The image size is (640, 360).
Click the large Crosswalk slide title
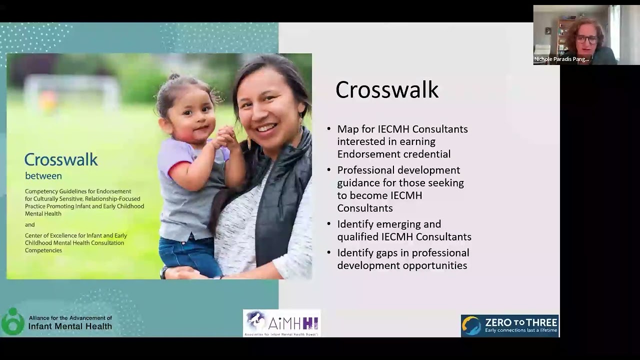[386, 90]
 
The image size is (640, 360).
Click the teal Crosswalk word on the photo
[61, 160]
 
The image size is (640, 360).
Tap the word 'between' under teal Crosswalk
[43, 176]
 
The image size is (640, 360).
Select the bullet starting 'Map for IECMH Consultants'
[402, 141]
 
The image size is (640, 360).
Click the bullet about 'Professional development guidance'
[400, 189]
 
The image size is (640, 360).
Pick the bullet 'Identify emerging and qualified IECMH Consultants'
[403, 230]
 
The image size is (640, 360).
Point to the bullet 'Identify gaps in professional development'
[402, 259]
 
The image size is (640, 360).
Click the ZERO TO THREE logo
[509, 325]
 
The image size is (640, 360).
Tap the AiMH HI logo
[281, 323]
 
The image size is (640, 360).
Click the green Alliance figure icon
[12, 321]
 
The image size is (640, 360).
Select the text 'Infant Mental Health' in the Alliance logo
[70, 327]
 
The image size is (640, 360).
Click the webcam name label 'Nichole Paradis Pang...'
[561, 59]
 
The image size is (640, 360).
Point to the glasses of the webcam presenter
[586, 39]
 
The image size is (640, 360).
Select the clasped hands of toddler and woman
[226, 137]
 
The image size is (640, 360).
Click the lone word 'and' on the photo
[30, 224]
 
